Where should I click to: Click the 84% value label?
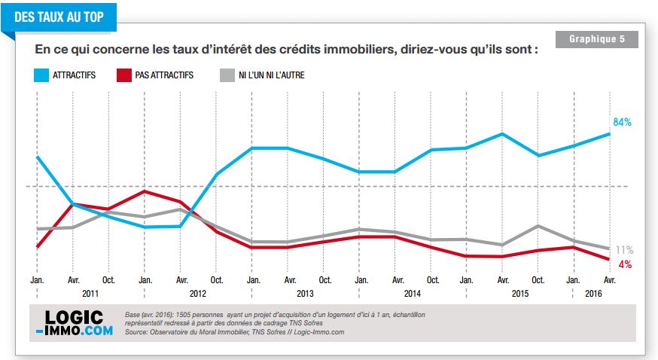pyautogui.click(x=622, y=122)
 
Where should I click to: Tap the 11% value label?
pyautogui.click(x=624, y=250)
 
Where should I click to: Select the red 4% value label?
pyautogui.click(x=625, y=264)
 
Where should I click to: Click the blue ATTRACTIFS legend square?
pyautogui.click(x=41, y=75)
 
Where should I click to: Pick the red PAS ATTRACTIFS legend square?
pyautogui.click(x=123, y=75)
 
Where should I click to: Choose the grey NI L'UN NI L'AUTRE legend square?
pyautogui.click(x=227, y=75)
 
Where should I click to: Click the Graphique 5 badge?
pyautogui.click(x=597, y=39)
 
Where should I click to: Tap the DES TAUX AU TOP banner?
pyautogui.click(x=59, y=17)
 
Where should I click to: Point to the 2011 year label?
pyautogui.click(x=90, y=293)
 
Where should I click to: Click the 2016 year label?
pyautogui.click(x=593, y=293)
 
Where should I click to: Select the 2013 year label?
pyautogui.click(x=305, y=293)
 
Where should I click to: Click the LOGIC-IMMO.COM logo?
pyautogui.click(x=75, y=323)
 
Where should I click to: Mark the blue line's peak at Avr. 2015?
pyautogui.click(x=502, y=134)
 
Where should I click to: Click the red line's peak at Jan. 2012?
pyautogui.click(x=145, y=191)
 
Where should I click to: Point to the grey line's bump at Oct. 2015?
pyautogui.click(x=538, y=226)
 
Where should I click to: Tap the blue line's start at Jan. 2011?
pyautogui.click(x=38, y=157)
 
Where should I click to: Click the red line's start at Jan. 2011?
pyautogui.click(x=38, y=247)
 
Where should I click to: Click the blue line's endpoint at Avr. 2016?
pyautogui.click(x=609, y=134)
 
